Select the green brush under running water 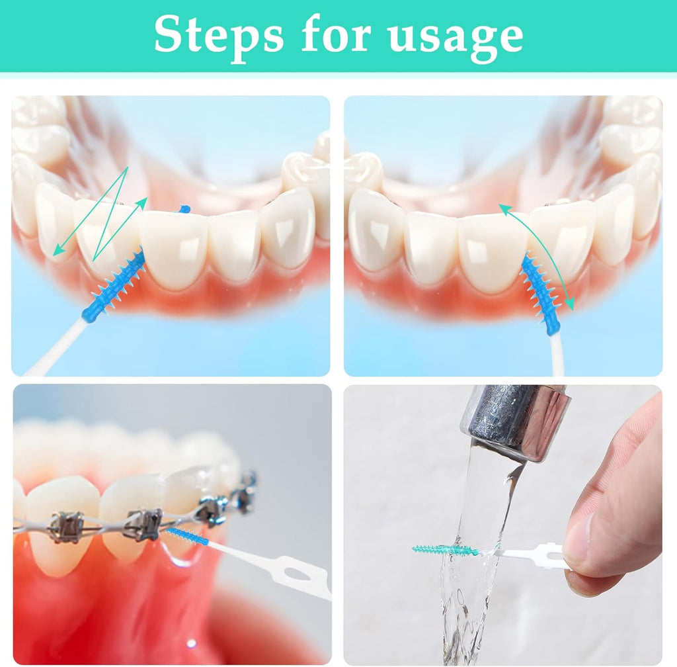tap(443, 550)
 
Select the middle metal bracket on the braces tap(142, 523)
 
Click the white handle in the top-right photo tap(557, 354)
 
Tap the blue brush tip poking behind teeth tap(184, 209)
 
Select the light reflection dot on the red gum tap(191, 643)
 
